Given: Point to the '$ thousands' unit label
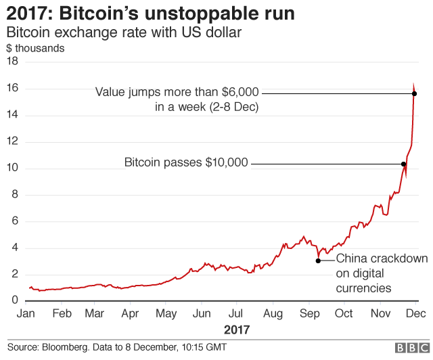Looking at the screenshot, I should point(35,48).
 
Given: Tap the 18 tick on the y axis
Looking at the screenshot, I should point(12,62).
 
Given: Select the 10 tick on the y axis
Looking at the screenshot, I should point(12,168).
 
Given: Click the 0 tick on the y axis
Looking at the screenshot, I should point(14,301).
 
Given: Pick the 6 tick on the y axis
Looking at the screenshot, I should point(14,221).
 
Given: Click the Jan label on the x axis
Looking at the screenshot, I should point(26,313).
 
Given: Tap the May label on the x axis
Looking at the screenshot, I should point(166,313).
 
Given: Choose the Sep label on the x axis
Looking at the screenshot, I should point(309,313).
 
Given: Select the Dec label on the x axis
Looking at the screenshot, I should point(415,313).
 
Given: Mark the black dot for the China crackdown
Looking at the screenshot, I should point(318,261).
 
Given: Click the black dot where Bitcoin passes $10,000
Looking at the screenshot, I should point(403,164).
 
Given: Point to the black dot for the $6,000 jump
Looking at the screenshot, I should point(414,93).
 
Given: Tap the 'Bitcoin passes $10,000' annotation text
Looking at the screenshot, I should point(186,163).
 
